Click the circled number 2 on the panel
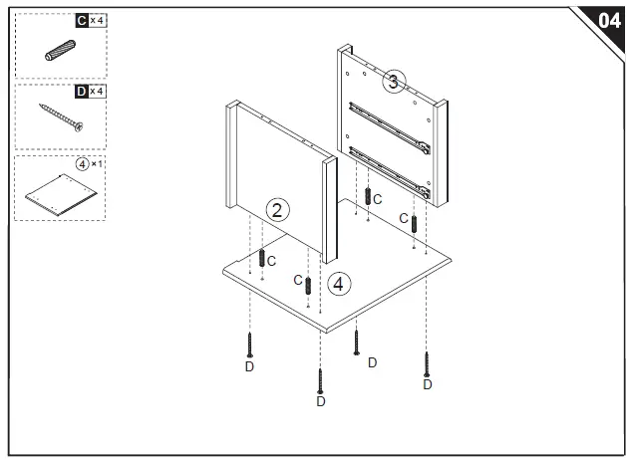coord(279,209)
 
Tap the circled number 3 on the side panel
coord(394,83)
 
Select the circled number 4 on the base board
coord(339,284)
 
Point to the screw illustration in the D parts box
coord(61,118)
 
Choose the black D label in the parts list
coord(81,92)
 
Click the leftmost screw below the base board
coord(250,345)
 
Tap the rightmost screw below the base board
coord(427,362)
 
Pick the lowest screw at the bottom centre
coord(320,380)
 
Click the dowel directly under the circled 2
coord(261,258)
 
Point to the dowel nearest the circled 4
coord(308,286)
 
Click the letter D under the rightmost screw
coord(427,384)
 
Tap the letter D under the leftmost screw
coord(249,365)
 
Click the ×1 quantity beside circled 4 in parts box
coord(96,163)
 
